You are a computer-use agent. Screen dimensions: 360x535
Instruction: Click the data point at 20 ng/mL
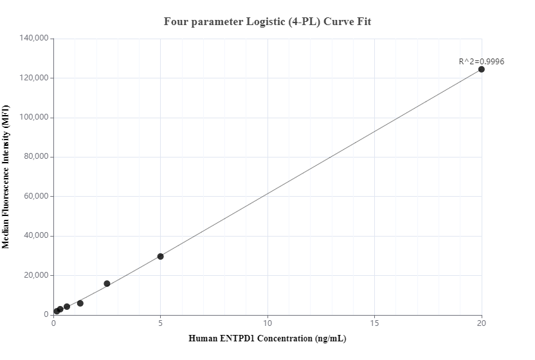(481, 69)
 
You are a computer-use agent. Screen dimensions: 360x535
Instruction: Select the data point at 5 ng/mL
(160, 256)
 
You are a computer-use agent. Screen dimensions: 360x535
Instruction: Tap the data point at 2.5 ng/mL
(107, 283)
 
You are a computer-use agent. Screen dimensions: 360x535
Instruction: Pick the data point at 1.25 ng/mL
(80, 303)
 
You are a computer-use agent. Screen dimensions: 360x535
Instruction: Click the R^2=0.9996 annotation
(481, 62)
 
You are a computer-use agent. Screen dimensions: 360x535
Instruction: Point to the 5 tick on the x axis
(160, 323)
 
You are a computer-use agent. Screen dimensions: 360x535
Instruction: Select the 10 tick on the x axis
(267, 323)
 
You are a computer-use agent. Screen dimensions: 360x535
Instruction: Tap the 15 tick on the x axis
(374, 323)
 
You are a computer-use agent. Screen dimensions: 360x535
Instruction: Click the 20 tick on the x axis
(482, 323)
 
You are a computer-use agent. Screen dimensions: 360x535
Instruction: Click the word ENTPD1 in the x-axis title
(242, 338)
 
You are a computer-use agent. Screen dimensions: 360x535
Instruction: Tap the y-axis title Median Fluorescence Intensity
(6, 176)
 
